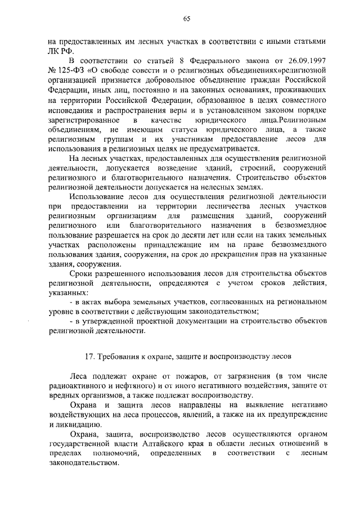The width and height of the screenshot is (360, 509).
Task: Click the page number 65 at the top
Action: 186,19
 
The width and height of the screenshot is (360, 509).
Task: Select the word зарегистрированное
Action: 83,121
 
